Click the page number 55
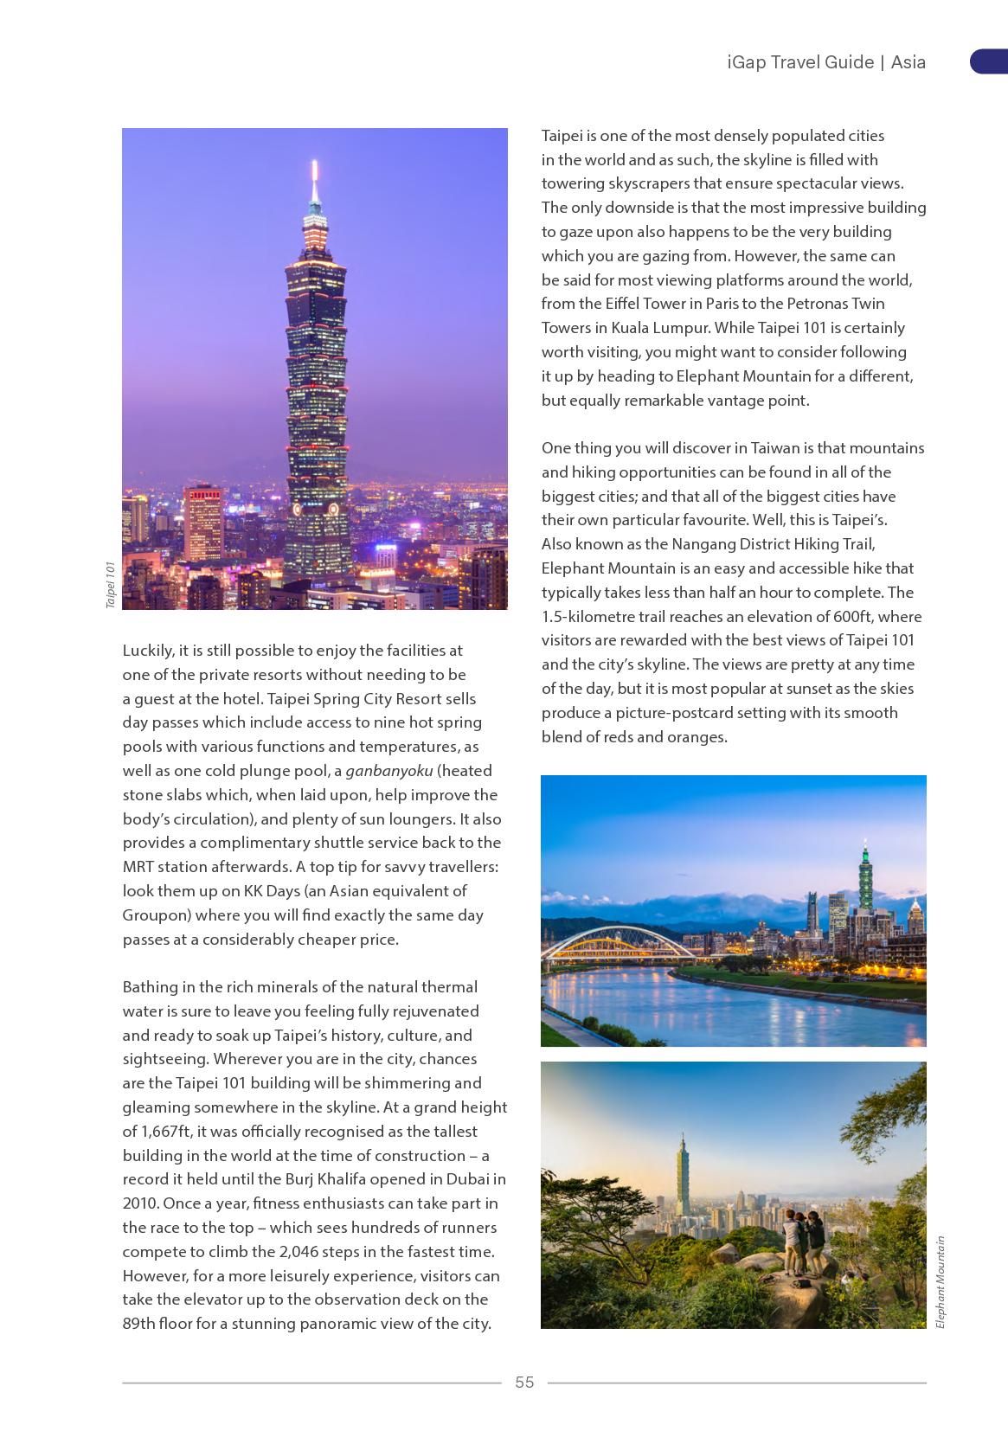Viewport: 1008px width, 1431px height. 524,1382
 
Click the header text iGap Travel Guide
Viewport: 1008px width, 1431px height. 800,62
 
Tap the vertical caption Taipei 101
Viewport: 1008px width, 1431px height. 111,585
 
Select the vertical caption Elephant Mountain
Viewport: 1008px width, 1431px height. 941,1281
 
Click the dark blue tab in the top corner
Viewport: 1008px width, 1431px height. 989,61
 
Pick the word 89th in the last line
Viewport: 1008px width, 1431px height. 138,1323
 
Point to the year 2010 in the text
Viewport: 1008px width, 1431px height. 140,1203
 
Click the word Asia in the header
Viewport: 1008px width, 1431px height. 908,62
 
